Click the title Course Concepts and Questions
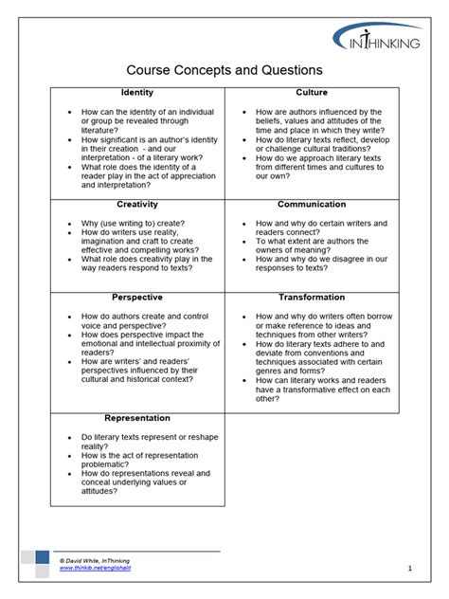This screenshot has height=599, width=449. pos(224,70)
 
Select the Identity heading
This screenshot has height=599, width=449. pos(137,93)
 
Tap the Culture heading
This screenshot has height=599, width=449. pos(312,93)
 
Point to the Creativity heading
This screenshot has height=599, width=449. pos(137,204)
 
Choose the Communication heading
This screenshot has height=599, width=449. pos(312,204)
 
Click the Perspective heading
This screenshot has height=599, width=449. pos(137,298)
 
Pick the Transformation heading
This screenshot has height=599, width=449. pos(312,298)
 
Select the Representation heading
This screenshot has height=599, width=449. pos(137,418)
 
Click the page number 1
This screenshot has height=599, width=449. pos(410,569)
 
